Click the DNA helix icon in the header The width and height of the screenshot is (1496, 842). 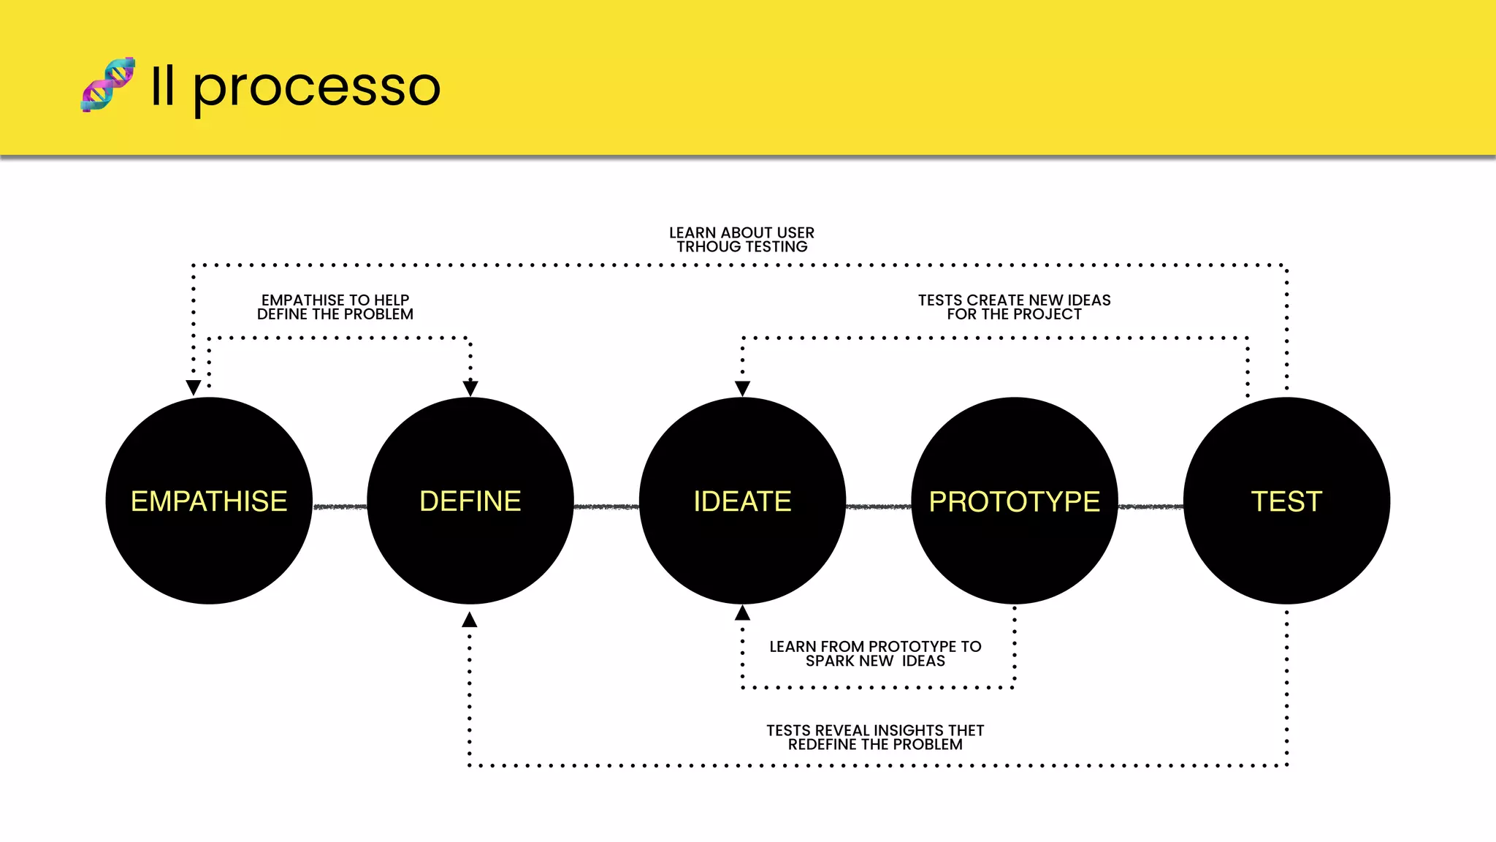point(108,85)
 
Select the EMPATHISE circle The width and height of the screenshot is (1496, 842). point(209,501)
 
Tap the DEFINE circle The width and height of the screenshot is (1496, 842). point(470,501)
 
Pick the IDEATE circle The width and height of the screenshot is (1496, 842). point(742,501)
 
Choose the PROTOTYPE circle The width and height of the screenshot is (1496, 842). point(1015,501)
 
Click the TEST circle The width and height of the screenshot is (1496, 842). point(1286,501)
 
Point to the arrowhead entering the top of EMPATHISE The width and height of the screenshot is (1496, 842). point(194,387)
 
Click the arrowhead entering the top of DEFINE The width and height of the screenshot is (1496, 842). point(470,387)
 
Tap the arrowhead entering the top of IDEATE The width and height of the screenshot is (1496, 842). point(742,388)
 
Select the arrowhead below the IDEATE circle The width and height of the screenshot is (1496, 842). point(742,612)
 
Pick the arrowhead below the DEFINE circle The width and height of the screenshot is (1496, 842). point(470,620)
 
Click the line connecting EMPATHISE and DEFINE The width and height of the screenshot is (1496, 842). point(340,507)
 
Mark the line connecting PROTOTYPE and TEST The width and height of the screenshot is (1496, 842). point(1150,507)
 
